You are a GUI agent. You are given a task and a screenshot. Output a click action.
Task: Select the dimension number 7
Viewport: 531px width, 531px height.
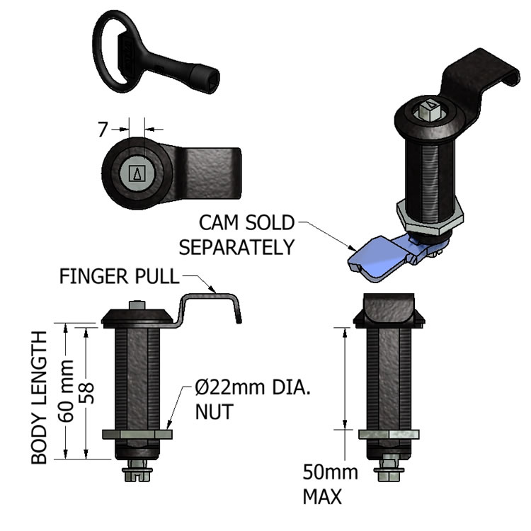(103, 130)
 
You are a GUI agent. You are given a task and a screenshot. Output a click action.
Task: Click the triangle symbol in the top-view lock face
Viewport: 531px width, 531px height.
(137, 173)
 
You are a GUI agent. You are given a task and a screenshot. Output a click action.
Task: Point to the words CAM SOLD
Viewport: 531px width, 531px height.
(246, 223)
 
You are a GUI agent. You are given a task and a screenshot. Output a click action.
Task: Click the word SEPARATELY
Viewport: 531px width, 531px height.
(236, 248)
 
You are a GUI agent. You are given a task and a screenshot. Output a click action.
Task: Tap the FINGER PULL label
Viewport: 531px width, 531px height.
(119, 276)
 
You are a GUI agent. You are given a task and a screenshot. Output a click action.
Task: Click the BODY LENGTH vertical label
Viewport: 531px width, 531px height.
(39, 397)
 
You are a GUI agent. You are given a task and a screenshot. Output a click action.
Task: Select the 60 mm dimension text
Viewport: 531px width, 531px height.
(66, 391)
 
